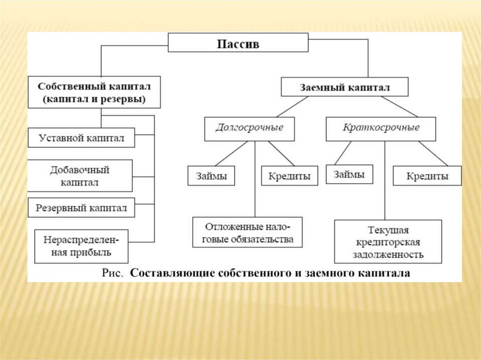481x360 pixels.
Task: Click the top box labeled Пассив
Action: [x=238, y=44]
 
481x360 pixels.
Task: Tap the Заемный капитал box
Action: [x=344, y=87]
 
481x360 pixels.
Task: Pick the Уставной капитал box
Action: [x=81, y=138]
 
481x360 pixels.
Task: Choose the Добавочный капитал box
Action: [x=79, y=176]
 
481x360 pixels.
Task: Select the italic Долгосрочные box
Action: [x=249, y=128]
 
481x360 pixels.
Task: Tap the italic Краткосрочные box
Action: [x=381, y=128]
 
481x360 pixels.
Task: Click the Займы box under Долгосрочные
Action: [x=211, y=176]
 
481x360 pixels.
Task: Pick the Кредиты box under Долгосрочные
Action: [x=289, y=176]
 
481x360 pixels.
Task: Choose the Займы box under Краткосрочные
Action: [x=349, y=174]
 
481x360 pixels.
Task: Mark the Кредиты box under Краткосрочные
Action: [x=427, y=176]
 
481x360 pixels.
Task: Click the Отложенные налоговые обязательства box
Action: [x=247, y=232]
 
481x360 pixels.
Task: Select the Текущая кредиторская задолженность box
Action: [x=388, y=242]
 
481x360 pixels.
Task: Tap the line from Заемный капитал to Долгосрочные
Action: [x=292, y=106]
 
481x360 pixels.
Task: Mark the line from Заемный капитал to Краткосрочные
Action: [x=399, y=106]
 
